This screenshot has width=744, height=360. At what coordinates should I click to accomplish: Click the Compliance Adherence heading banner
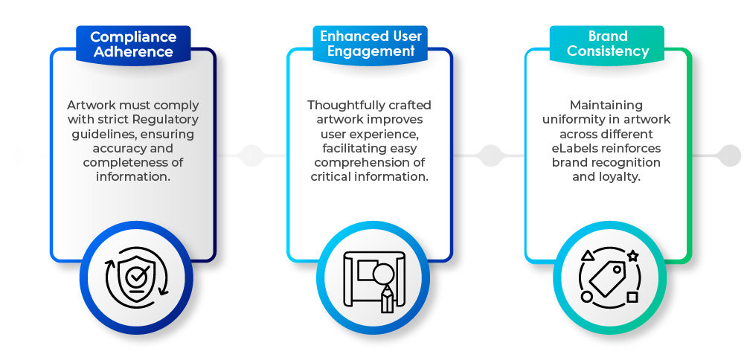tap(132, 45)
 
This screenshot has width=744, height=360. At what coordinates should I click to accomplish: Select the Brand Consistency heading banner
tap(608, 44)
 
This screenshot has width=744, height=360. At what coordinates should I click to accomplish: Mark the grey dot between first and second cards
tap(251, 155)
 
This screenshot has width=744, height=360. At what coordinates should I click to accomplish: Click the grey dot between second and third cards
tap(490, 155)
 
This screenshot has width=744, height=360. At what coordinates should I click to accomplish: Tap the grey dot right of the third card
tap(728, 155)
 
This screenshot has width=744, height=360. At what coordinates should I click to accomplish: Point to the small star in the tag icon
tap(632, 255)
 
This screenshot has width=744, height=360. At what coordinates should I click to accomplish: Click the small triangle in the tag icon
tap(587, 256)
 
